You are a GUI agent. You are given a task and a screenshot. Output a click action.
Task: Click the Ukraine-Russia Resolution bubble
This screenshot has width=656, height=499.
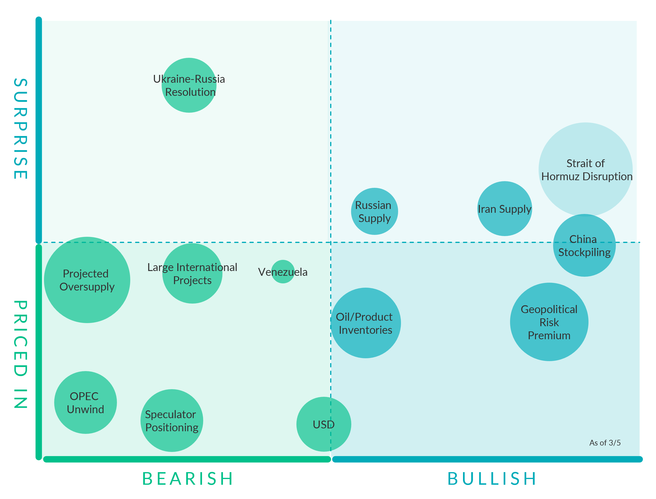tap(189, 85)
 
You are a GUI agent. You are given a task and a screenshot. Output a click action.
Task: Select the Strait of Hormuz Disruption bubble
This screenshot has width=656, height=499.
tap(585, 169)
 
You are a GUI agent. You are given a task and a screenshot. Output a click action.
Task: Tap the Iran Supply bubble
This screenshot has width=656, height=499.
tap(505, 209)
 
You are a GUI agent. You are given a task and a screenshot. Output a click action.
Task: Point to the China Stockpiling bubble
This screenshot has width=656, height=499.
tap(584, 246)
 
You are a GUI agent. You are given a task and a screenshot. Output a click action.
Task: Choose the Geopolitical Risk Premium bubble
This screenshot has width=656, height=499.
tap(549, 322)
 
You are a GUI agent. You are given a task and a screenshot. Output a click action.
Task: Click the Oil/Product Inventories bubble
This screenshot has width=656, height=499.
tap(366, 323)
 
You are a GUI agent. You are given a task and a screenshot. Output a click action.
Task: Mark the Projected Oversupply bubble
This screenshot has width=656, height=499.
tap(87, 280)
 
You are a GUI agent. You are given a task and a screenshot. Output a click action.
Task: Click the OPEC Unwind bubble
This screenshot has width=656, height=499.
tap(86, 402)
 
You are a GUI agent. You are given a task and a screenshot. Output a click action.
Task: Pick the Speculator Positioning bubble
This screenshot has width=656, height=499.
tap(172, 421)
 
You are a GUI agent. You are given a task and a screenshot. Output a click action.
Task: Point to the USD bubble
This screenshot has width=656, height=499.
tap(324, 424)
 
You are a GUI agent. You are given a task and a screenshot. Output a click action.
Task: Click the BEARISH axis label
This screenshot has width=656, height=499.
tap(188, 479)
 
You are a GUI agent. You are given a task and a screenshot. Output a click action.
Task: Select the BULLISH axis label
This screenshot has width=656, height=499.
tap(492, 479)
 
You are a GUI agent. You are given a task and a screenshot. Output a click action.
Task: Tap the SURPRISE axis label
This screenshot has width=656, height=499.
tap(20, 129)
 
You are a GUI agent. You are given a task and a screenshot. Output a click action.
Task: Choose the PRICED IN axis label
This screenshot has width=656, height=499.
tap(20, 354)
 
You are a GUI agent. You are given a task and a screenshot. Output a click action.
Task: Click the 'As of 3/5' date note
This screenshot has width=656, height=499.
tap(605, 443)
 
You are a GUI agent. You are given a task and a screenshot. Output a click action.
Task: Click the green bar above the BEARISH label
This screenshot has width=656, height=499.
tap(187, 459)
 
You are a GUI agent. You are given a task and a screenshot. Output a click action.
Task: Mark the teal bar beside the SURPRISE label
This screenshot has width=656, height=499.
tap(39, 130)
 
